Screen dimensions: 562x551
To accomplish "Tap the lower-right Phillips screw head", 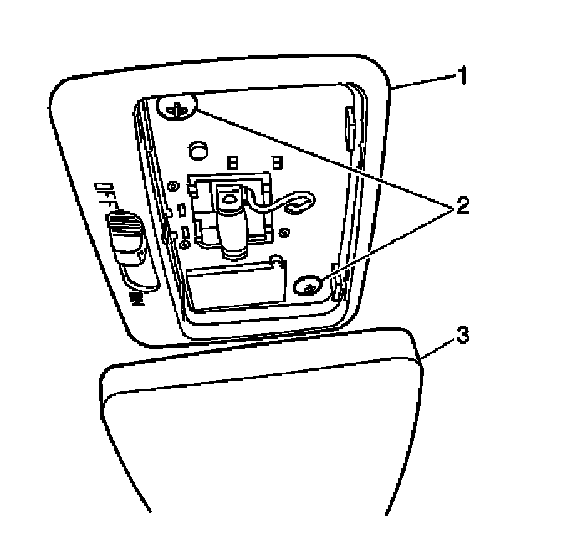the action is click(x=310, y=287).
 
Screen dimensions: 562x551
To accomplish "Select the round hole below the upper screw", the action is click(x=198, y=149).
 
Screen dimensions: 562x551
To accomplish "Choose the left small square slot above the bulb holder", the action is click(x=233, y=159).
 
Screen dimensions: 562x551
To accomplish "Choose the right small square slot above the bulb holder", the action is click(x=276, y=159).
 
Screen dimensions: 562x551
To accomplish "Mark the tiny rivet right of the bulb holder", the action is click(x=286, y=232).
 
